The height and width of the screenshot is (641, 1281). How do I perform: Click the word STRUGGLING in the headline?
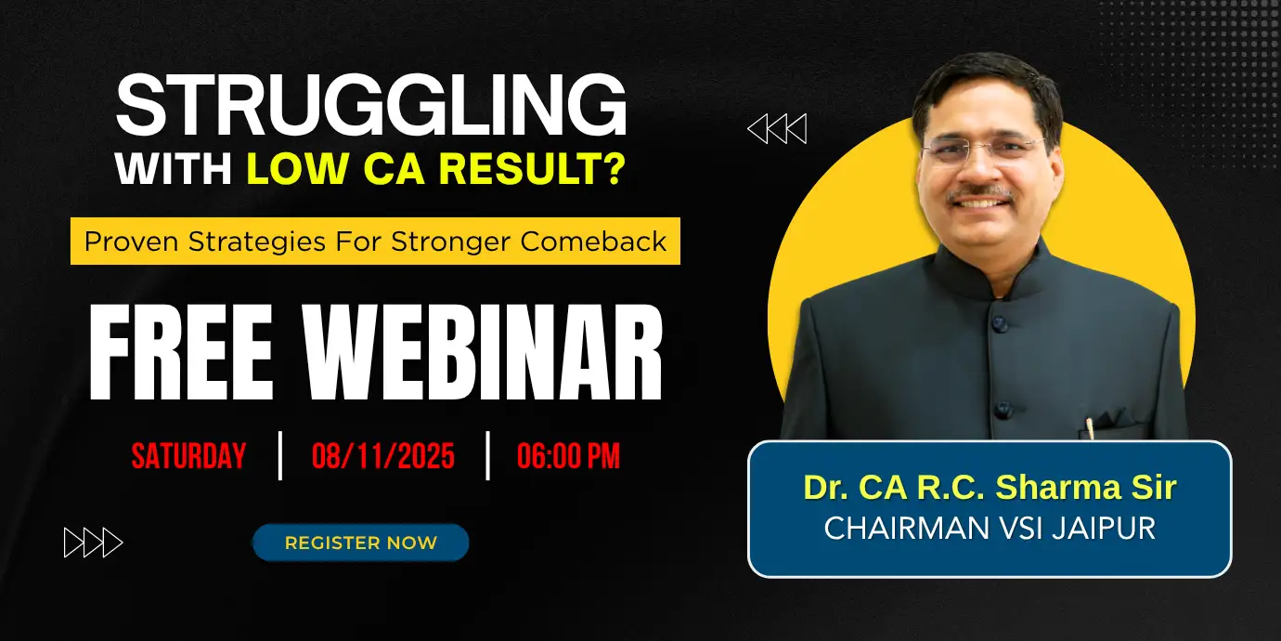[370, 106]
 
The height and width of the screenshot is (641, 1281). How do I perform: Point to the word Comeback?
[593, 242]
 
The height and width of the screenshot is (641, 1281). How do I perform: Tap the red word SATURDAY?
[188, 456]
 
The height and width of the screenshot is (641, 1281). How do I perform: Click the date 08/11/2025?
[383, 456]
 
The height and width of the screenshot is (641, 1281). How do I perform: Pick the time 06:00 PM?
[568, 456]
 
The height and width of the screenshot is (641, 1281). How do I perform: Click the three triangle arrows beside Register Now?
[93, 543]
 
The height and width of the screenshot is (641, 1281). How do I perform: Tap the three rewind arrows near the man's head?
[777, 129]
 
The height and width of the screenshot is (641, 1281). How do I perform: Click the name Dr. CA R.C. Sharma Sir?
[990, 489]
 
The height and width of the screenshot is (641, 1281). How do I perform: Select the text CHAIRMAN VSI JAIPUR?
[990, 528]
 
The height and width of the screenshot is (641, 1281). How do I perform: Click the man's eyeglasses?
[984, 149]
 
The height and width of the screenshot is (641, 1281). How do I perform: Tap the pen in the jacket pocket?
[1090, 428]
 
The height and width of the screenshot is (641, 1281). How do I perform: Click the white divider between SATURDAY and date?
[280, 455]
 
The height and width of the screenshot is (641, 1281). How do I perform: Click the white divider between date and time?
[487, 455]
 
